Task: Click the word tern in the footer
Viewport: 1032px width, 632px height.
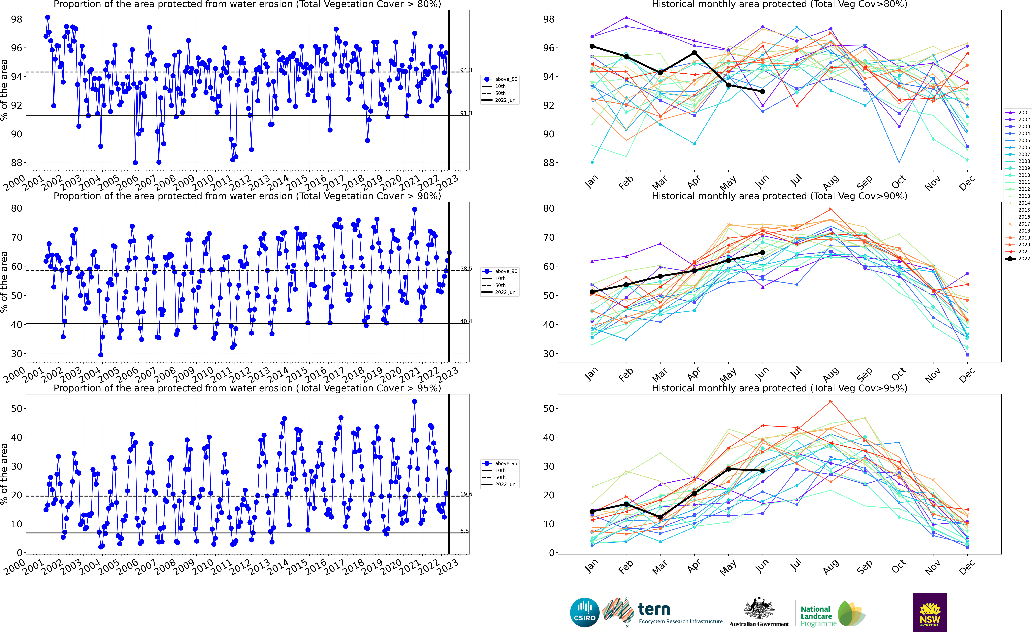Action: tap(654, 609)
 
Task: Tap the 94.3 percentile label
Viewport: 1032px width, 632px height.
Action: tap(466, 70)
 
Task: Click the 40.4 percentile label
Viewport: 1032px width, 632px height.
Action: tap(466, 321)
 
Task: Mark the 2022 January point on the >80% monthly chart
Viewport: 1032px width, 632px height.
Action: tap(592, 46)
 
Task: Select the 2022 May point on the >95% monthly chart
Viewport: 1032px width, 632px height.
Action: tap(728, 469)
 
